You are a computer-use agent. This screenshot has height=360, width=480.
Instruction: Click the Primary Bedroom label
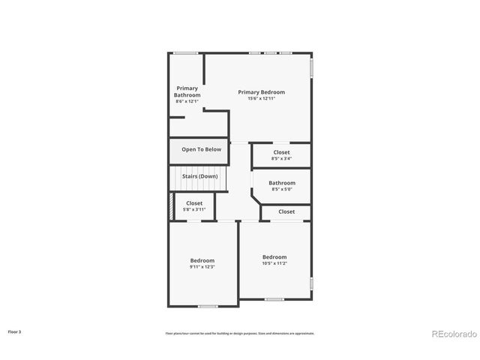[262, 92]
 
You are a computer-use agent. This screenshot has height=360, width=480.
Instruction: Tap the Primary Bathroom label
[187, 91]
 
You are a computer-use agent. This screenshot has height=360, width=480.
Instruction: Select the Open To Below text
[202, 149]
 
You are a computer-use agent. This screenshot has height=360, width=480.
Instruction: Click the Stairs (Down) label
[200, 176]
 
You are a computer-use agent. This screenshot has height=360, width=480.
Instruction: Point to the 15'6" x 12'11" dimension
[262, 99]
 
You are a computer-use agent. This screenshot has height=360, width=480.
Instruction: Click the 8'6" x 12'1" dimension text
[187, 101]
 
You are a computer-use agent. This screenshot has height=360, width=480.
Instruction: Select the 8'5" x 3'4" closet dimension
[281, 158]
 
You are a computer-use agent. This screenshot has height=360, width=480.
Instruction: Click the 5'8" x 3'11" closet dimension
[194, 209]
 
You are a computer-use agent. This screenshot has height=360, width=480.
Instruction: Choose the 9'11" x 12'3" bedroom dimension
[202, 267]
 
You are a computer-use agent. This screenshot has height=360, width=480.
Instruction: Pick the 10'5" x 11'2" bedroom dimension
[274, 263]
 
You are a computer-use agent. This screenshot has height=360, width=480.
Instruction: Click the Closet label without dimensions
[286, 211]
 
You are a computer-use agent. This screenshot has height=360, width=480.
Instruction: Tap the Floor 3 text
[15, 331]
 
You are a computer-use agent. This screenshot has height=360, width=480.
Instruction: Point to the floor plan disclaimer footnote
[240, 333]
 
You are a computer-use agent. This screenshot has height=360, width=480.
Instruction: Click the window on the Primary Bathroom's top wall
[186, 52]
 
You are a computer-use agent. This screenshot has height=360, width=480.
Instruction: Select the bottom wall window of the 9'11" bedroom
[208, 306]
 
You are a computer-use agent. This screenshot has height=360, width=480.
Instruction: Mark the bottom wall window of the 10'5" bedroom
[274, 299]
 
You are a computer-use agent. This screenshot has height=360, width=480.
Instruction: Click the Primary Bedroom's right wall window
[311, 68]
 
